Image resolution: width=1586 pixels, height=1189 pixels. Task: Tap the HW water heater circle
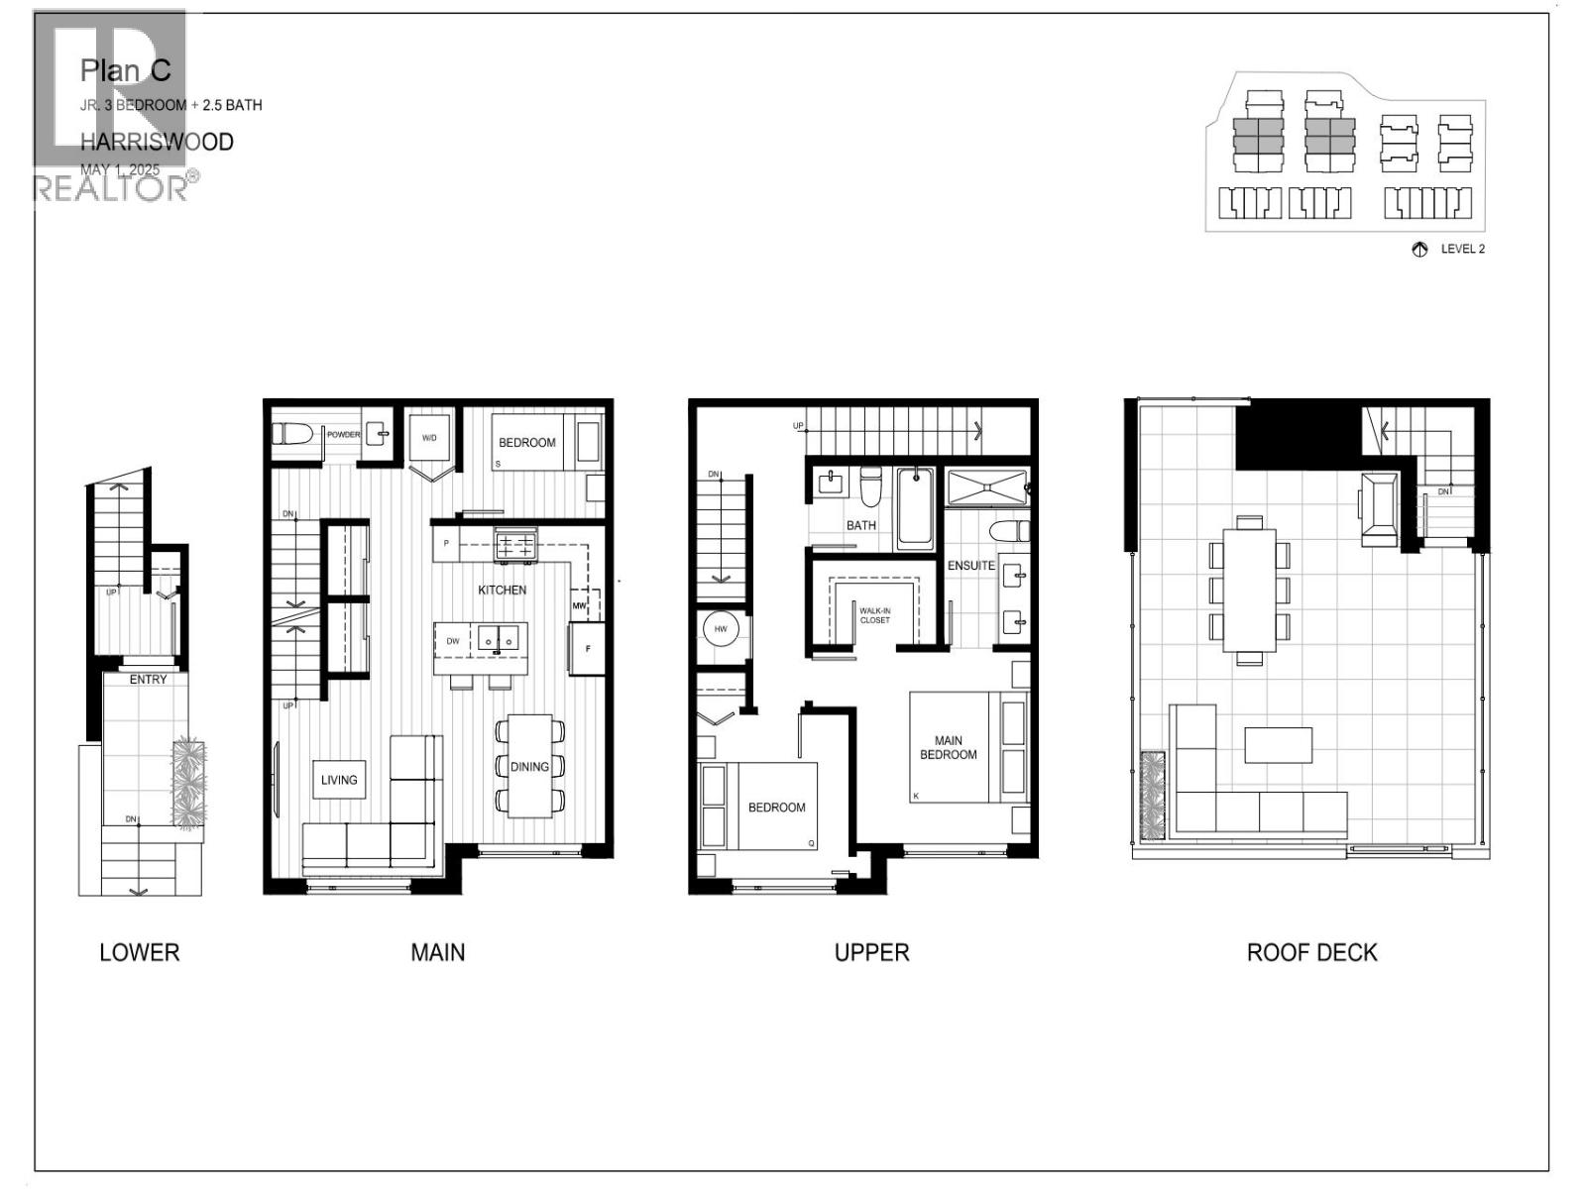[721, 629]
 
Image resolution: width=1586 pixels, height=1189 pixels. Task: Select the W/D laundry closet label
[430, 437]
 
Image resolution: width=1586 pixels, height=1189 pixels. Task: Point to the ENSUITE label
[970, 566]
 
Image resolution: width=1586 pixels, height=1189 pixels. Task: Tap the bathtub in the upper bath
[915, 508]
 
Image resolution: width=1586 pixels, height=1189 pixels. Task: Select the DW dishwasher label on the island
[453, 641]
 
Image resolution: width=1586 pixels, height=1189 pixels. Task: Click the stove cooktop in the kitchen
[514, 543]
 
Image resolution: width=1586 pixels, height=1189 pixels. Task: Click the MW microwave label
[579, 605]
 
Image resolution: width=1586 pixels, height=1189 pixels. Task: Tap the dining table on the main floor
[529, 766]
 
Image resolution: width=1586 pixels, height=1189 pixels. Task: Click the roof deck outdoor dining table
[1249, 590]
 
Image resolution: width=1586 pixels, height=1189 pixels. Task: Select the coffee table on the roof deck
[1278, 744]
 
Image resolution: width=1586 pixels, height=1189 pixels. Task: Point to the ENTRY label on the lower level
[148, 680]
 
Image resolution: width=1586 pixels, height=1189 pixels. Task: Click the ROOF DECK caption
[1310, 952]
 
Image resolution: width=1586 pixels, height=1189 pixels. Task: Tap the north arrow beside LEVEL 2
[1419, 250]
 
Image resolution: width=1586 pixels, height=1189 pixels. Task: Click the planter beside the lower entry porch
[188, 783]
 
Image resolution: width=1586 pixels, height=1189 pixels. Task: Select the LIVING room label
[339, 780]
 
